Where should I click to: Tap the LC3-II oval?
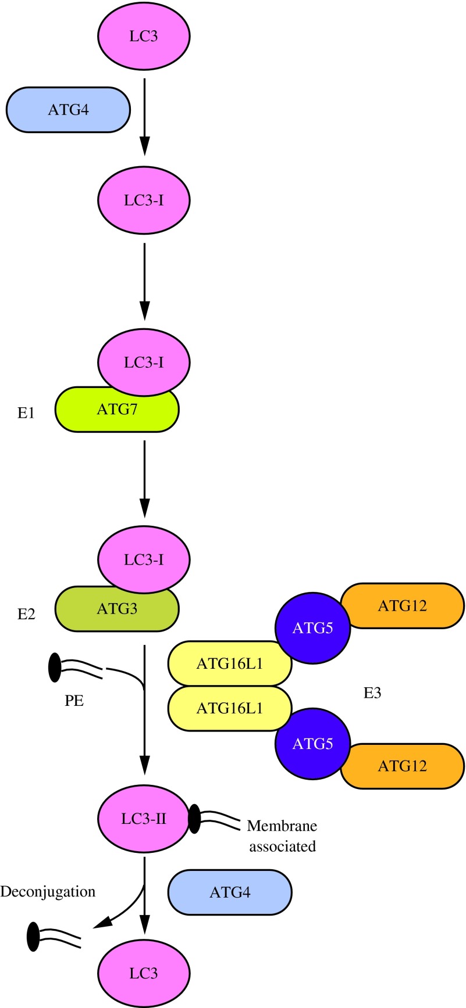tap(144, 819)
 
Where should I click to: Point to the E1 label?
tap(26, 414)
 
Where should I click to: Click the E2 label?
tap(26, 614)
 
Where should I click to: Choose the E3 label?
tap(372, 693)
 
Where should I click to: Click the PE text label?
tap(74, 701)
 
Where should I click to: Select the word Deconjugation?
tap(48, 891)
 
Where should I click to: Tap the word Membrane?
tap(282, 826)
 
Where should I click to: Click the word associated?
tap(282, 846)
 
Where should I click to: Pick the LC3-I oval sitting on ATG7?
tap(144, 361)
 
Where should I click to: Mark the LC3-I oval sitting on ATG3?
tap(144, 559)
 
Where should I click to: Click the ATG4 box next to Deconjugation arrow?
tap(230, 892)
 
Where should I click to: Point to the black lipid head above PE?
tap(55, 668)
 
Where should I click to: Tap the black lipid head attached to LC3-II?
tap(194, 819)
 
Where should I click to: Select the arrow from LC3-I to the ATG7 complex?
tap(144, 279)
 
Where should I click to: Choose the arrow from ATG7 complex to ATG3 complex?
tap(144, 476)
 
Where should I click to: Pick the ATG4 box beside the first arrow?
tap(68, 109)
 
